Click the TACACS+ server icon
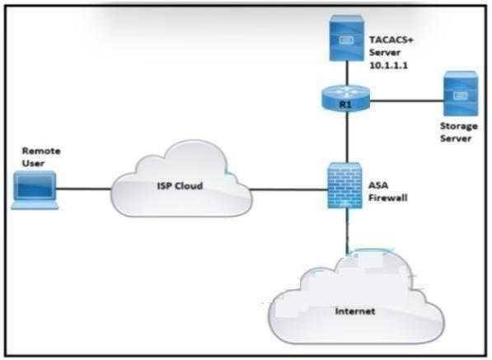coord(347,38)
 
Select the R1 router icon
coord(346,98)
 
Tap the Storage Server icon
coord(461,94)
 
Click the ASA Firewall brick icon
coord(345,185)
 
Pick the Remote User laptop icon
coord(35,190)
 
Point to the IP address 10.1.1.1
coord(388,65)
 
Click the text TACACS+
coord(391,40)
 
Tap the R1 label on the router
coord(345,105)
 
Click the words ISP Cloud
coord(180,185)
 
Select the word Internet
coord(355,311)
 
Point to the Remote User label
coord(41,157)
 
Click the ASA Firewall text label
coord(388,191)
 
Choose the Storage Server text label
coord(459,133)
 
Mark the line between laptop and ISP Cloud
coord(84,189)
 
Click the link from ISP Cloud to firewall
coord(289,189)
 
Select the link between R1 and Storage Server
coord(406,101)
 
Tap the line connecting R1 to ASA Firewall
coord(347,137)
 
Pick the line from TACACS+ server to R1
coord(347,73)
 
